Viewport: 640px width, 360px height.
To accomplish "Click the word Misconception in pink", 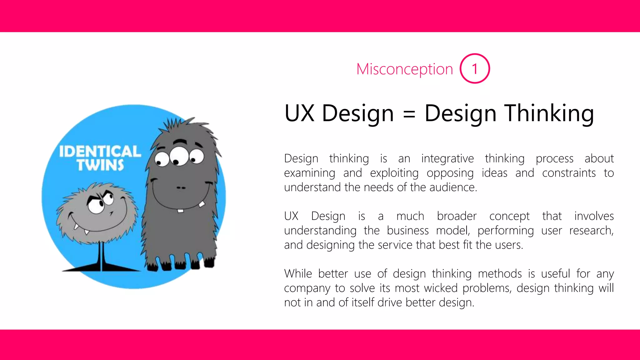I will pos(404,69).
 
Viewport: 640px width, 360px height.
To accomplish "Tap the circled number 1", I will pos(475,69).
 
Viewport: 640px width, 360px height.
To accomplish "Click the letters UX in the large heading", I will pos(299,113).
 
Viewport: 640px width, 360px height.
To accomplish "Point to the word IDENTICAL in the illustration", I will pos(100,152).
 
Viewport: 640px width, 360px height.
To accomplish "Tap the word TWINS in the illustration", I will pos(100,165).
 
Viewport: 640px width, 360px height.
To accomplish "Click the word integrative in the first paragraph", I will pos(447,158).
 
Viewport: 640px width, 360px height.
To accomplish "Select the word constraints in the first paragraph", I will pos(569,173).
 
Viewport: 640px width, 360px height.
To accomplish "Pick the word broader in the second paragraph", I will pos(457,216).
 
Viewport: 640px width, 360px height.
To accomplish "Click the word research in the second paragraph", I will pos(591,230).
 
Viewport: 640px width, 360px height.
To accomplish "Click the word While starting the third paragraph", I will pos(298,273).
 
